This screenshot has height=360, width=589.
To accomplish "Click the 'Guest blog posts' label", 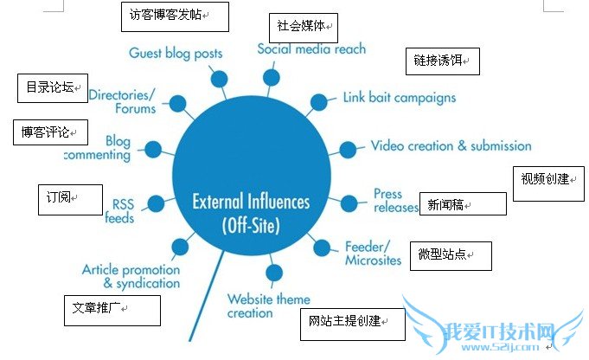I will coord(175,53).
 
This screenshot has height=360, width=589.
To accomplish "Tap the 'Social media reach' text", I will coord(311,49).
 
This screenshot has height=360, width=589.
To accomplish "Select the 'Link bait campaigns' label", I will coord(399,98).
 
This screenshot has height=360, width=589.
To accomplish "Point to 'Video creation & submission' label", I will coord(451,146).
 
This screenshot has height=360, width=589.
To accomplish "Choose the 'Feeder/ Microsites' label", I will coord(373,252).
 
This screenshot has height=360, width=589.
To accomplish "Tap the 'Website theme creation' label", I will coord(268,305).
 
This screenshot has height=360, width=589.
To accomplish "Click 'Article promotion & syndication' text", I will coord(131,276).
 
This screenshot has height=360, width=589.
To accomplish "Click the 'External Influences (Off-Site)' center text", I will coord(251,213).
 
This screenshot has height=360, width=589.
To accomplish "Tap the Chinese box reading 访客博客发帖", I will coord(174,15).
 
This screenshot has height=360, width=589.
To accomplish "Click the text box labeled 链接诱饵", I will coord(441,61).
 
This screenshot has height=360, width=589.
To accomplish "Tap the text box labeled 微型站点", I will coord(450,256).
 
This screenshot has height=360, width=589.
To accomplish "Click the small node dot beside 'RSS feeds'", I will coord(156,203).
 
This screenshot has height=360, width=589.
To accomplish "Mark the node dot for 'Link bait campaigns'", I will coord(318,102).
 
